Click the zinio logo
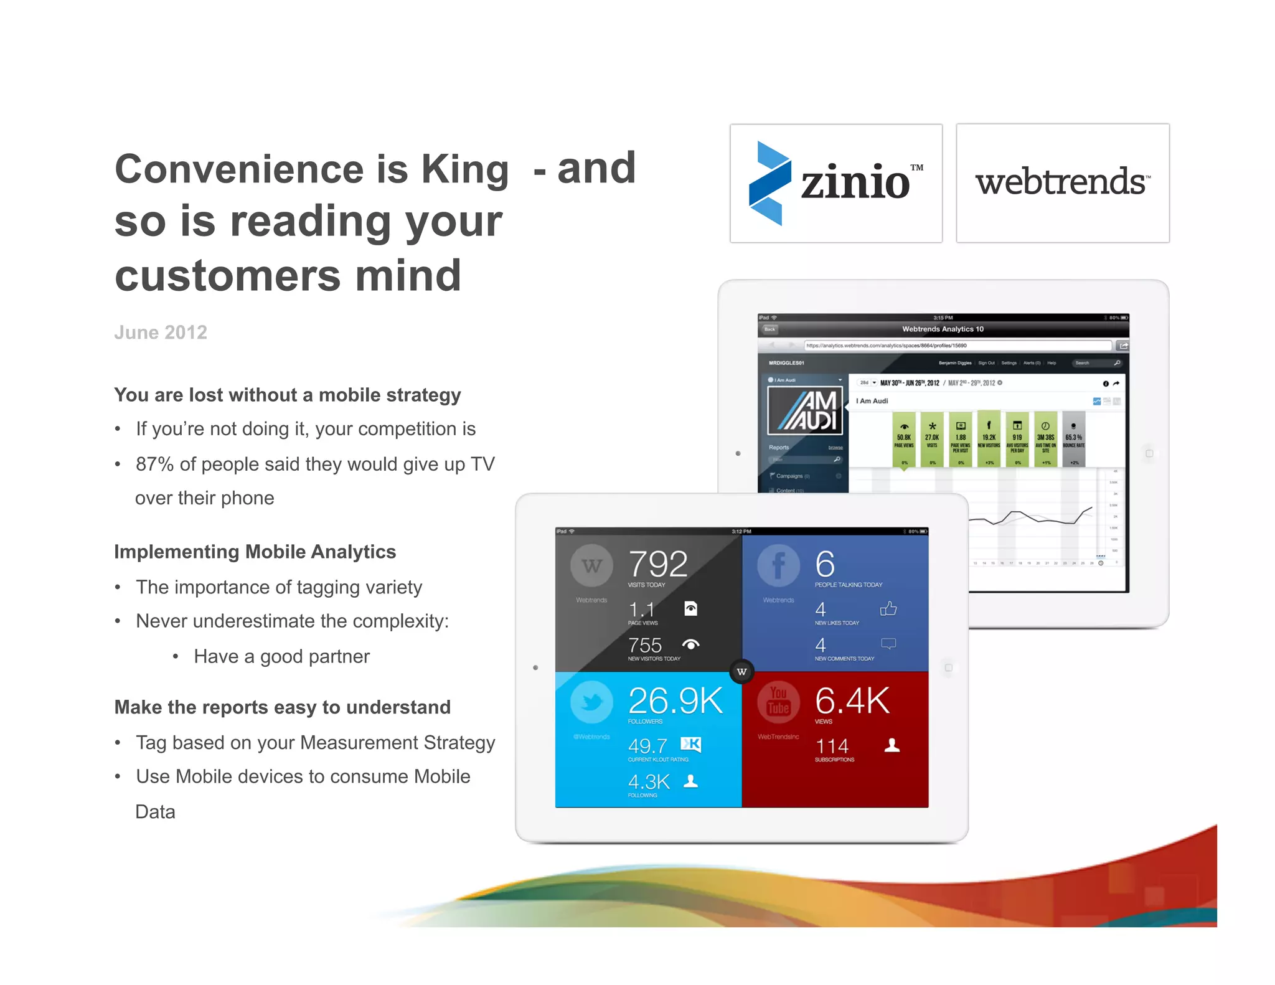835,183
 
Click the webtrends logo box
1062,183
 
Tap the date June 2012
161,332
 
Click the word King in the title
465,169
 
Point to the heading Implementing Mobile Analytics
255,552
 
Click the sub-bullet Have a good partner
281,656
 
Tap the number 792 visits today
657,564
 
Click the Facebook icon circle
778,565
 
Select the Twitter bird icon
591,702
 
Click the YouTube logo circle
778,702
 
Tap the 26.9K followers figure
675,701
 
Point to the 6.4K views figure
852,701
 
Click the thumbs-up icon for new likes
888,608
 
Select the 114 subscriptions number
832,746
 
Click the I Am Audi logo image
806,411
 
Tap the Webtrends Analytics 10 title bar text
943,329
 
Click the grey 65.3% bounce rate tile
1073,438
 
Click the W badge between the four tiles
741,671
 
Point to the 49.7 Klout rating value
647,746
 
